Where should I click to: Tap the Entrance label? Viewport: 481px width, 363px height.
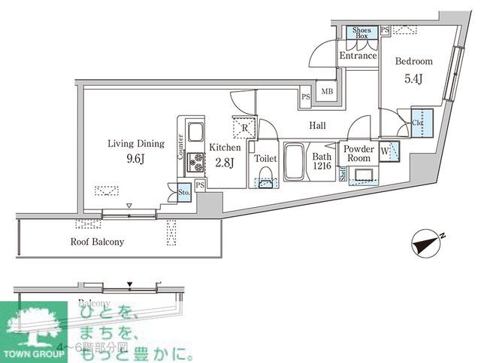point(358,56)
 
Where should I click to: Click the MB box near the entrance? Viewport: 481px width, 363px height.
point(327,92)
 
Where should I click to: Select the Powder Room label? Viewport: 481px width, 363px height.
point(358,154)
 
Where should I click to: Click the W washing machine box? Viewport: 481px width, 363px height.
point(390,151)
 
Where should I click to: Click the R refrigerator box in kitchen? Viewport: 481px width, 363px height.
point(244,128)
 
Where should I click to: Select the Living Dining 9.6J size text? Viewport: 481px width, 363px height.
point(135,158)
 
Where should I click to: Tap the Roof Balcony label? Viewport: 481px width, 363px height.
point(97,242)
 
